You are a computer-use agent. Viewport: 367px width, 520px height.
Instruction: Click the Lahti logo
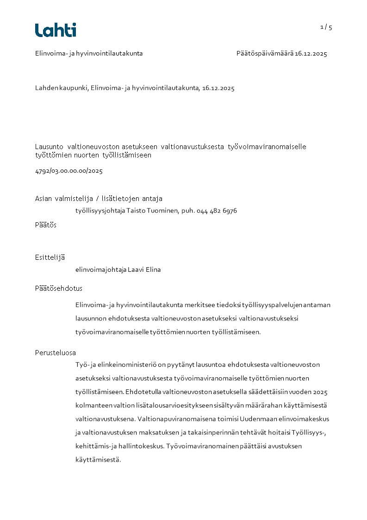56,30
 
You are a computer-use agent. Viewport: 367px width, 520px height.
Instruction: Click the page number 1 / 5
326,27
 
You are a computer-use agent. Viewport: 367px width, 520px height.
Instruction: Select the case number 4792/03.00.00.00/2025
68,171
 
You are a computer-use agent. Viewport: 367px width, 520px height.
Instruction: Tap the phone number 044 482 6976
217,211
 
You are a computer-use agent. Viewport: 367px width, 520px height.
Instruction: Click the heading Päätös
46,225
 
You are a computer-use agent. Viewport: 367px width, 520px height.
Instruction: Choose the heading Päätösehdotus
59,288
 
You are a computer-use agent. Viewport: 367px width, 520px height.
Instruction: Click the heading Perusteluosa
56,353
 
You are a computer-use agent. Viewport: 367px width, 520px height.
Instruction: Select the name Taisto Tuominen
148,211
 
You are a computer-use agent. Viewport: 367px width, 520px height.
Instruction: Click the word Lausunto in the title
50,147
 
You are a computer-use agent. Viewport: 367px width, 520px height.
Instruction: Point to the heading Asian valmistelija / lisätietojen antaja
99,199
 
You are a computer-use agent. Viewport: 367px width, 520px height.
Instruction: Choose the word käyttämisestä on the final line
98,460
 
